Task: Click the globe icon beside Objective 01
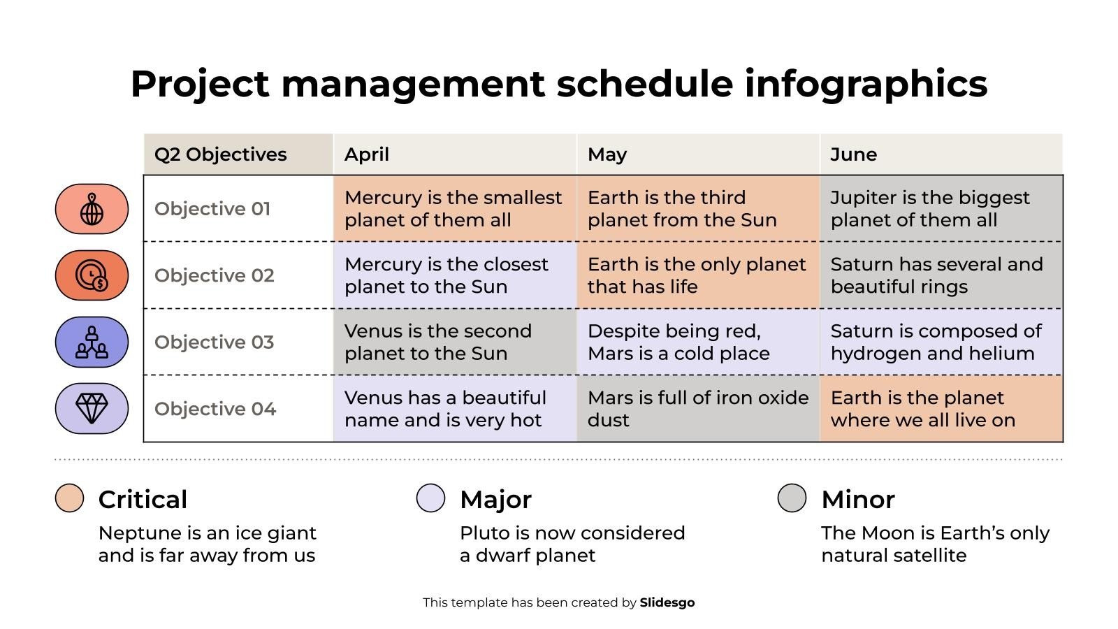[x=92, y=209]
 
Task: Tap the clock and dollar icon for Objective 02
[x=92, y=275]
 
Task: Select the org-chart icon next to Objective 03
[x=92, y=342]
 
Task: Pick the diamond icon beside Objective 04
[x=92, y=408]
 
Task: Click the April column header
[x=367, y=154]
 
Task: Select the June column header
[x=853, y=154]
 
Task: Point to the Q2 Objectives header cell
[x=221, y=154]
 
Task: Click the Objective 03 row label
[x=214, y=342]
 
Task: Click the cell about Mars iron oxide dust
[x=697, y=409]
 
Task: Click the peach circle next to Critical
[x=69, y=498]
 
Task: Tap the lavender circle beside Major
[x=430, y=498]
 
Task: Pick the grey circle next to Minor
[x=792, y=498]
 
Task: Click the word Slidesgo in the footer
[x=667, y=602]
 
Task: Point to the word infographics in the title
[x=866, y=84]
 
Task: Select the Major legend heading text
[x=495, y=500]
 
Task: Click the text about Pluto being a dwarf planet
[x=572, y=544]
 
